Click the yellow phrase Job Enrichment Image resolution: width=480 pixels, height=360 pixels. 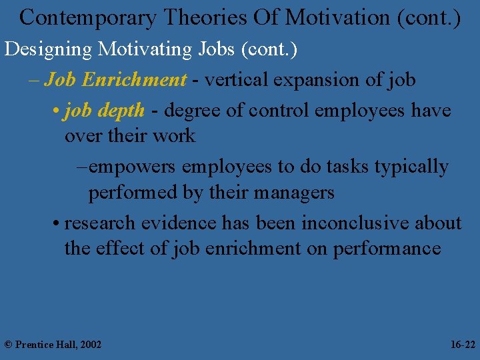pos(115,80)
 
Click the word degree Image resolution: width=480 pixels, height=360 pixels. pos(193,111)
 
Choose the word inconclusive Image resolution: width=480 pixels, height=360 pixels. pos(355,223)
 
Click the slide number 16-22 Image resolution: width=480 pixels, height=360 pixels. pos(463,345)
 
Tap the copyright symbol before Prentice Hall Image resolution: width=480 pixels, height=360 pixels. pos(8,345)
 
